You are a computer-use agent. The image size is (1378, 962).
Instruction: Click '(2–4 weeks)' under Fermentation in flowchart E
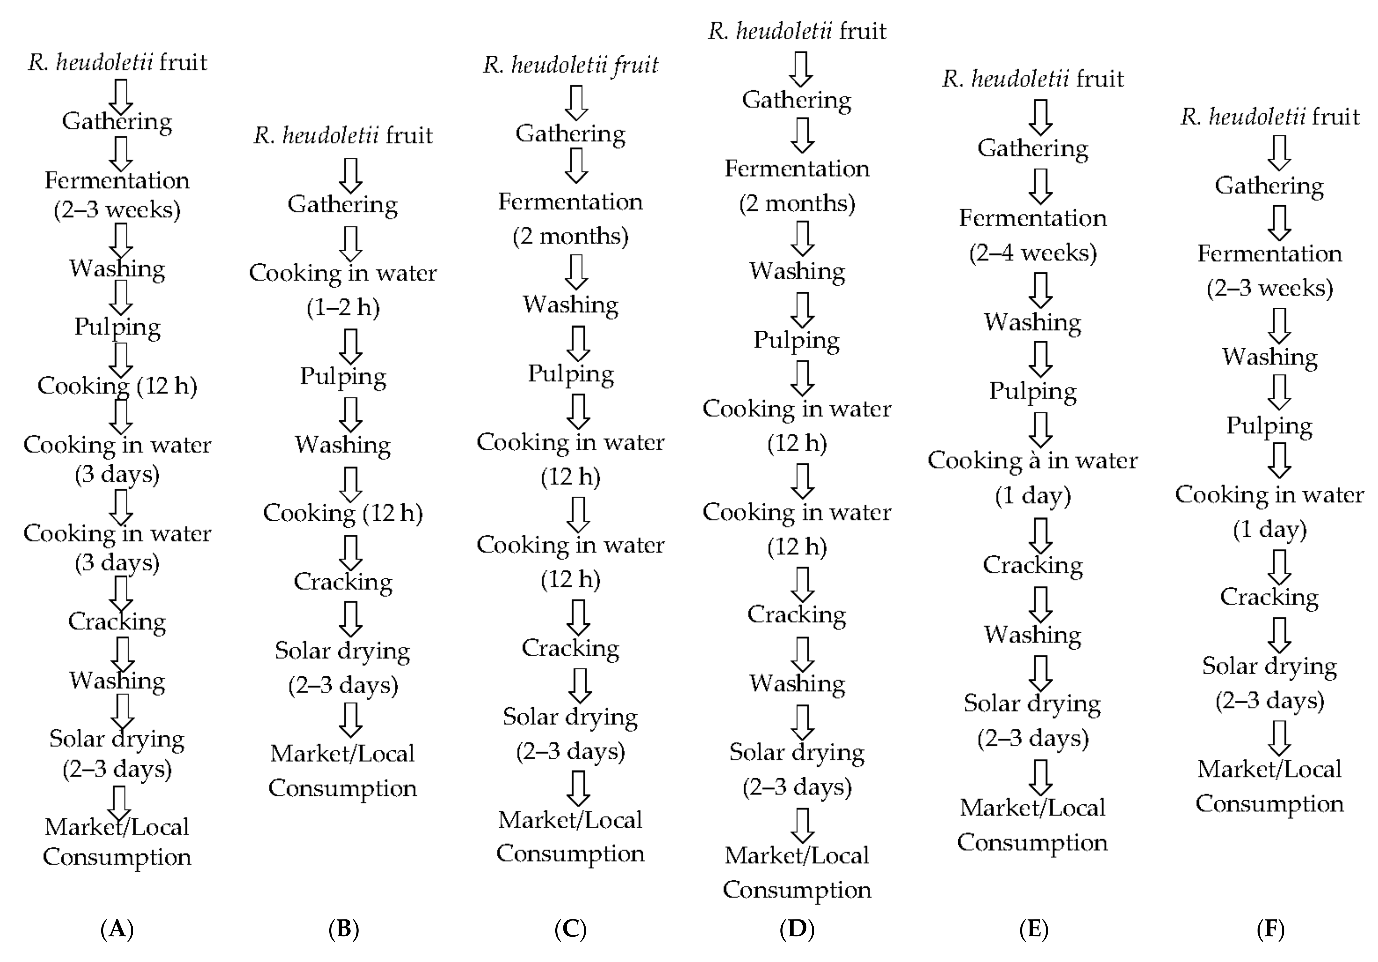1033,253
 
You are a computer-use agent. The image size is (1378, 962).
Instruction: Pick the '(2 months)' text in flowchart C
570,236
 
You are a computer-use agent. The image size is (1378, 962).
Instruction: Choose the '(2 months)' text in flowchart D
797,203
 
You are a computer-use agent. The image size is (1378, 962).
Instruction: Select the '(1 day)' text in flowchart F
1270,529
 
